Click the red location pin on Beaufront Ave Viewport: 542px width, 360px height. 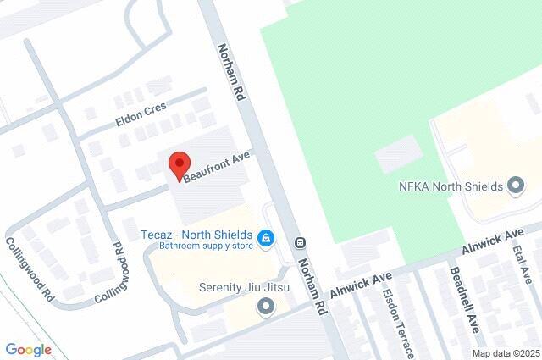pos(179,165)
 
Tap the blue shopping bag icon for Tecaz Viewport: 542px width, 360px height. pos(267,238)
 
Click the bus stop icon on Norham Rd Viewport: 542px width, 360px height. pos(300,242)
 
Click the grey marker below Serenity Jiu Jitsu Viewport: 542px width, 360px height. pos(267,306)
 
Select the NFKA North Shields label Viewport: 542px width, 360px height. pos(450,186)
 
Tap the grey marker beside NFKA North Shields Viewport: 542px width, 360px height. pos(515,186)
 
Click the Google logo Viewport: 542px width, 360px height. pos(28,349)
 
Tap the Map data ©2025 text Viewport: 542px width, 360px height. pos(506,353)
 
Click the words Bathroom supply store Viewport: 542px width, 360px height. pos(207,247)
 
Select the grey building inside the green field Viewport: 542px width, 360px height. pos(398,154)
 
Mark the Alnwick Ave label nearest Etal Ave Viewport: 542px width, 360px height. pos(494,241)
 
